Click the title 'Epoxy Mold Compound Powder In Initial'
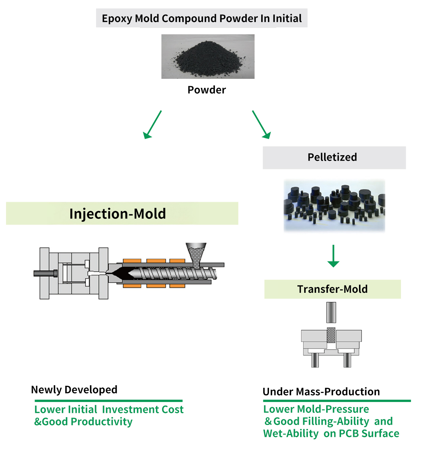[202, 18]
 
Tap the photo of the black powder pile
[208, 56]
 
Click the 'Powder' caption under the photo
[206, 90]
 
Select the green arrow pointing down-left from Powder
[152, 125]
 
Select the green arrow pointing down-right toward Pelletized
[262, 125]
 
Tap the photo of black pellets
[334, 205]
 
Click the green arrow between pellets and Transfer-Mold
[333, 256]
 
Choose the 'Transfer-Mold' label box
[332, 289]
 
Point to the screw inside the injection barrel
[176, 273]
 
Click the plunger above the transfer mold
[331, 312]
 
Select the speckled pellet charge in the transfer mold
[331, 335]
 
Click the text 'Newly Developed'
[74, 390]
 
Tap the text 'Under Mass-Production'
[321, 392]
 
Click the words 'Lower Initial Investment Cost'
[109, 410]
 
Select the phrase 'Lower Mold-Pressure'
[316, 409]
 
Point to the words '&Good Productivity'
[83, 422]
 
